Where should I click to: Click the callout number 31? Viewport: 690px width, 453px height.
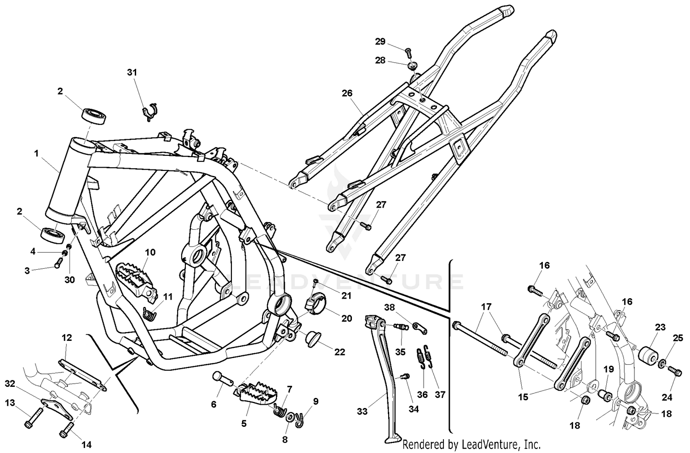tap(132, 73)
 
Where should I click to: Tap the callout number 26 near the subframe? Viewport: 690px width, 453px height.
tap(347, 93)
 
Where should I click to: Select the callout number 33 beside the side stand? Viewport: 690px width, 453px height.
tap(362, 411)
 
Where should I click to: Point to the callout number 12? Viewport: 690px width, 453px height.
tap(67, 338)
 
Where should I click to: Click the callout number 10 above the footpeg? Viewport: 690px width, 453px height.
tap(150, 252)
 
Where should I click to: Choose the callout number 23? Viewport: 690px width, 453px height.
tap(660, 328)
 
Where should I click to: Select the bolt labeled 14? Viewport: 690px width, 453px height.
tap(66, 431)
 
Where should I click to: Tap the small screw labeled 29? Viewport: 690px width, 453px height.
tap(408, 50)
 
